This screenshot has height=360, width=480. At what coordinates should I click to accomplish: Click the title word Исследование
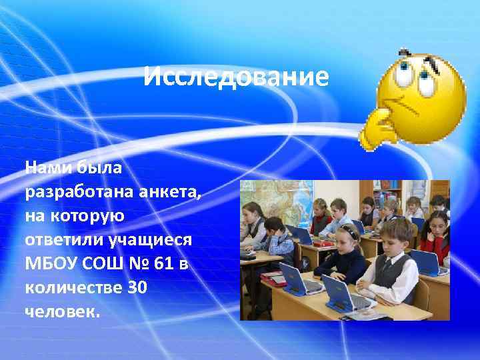[x=236, y=78]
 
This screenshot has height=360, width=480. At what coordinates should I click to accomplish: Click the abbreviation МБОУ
[x=51, y=264]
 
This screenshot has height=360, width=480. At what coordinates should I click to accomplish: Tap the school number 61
[x=165, y=264]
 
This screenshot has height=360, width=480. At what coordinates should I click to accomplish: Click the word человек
[x=62, y=312]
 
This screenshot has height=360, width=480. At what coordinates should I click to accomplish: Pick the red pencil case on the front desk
[x=273, y=275]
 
